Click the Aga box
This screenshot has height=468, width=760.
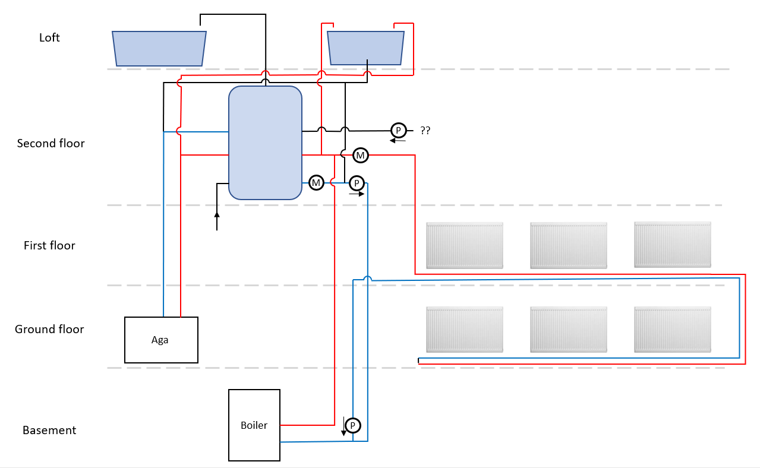pos(160,340)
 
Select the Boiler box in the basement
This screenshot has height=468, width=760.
pos(254,425)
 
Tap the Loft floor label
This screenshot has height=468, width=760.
pos(49,38)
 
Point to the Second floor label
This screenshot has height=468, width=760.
pos(51,143)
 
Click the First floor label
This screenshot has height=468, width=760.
pos(49,245)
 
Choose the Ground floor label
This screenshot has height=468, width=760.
pos(49,329)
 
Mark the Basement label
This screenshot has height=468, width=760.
pos(49,430)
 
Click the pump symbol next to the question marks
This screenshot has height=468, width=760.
pos(398,130)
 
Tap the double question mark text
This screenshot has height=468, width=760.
pos(425,131)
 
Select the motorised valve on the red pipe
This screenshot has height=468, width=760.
pos(360,156)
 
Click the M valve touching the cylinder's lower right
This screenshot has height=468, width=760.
pos(316,183)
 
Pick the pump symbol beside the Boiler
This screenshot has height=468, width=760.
pos(353,425)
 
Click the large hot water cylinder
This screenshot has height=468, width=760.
pos(265,143)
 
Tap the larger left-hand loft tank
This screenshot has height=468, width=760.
pos(159,48)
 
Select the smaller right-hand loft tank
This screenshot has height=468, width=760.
pos(366,48)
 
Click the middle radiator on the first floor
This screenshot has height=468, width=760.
pos(569,245)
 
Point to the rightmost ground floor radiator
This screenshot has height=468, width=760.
pos(673,329)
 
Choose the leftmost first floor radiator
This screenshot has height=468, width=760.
pos(465,245)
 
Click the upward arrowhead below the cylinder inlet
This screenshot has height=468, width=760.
pos(217,214)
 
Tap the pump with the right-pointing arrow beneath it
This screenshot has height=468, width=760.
pos(357,183)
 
